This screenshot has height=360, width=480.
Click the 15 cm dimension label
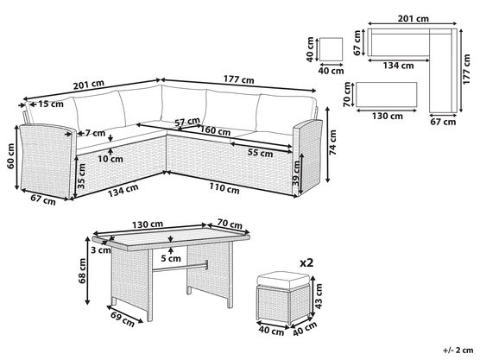tap(51, 104)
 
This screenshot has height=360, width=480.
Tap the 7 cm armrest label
tap(95, 133)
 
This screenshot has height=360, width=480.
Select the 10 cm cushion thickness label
tap(111, 159)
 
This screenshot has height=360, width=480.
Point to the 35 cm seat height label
tap(81, 176)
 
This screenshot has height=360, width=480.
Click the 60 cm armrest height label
tap(11, 156)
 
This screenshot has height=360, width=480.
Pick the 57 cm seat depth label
tap(187, 122)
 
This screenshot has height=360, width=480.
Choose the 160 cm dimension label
tap(215, 130)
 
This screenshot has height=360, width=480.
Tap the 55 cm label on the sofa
tap(260, 153)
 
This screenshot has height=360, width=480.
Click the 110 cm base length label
tap(224, 188)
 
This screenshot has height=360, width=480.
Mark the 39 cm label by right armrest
tap(296, 174)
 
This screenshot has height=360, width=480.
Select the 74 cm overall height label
tap(332, 142)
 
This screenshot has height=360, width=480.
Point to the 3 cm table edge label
tap(101, 250)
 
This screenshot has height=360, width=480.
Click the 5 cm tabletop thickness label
tap(171, 259)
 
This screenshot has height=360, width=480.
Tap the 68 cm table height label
tap(82, 271)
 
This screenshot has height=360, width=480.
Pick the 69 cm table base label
tap(123, 319)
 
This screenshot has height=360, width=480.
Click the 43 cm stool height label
tap(319, 296)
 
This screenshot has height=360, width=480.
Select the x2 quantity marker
tap(306, 262)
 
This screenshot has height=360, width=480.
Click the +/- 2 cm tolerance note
tap(458, 350)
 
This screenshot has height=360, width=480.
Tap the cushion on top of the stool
tap(283, 280)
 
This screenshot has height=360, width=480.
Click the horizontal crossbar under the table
tap(180, 267)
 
